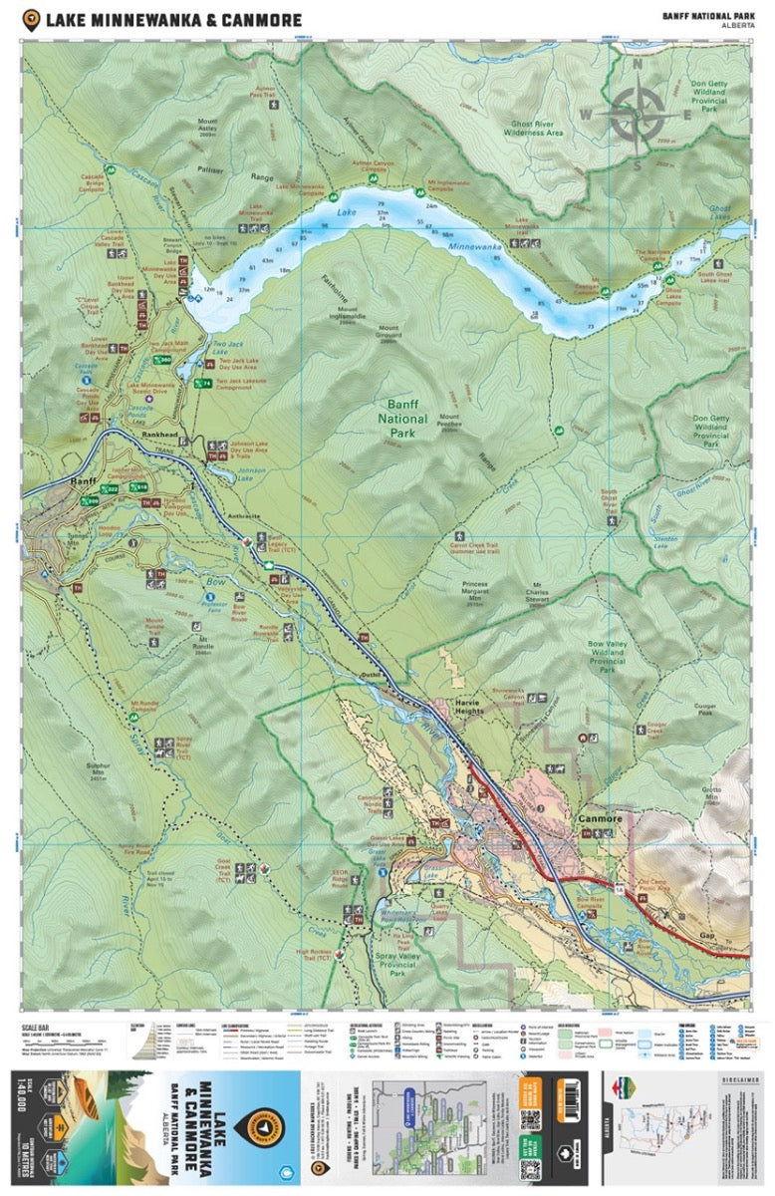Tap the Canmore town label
pyautogui.click(x=600, y=818)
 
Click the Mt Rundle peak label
pyautogui.click(x=203, y=641)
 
